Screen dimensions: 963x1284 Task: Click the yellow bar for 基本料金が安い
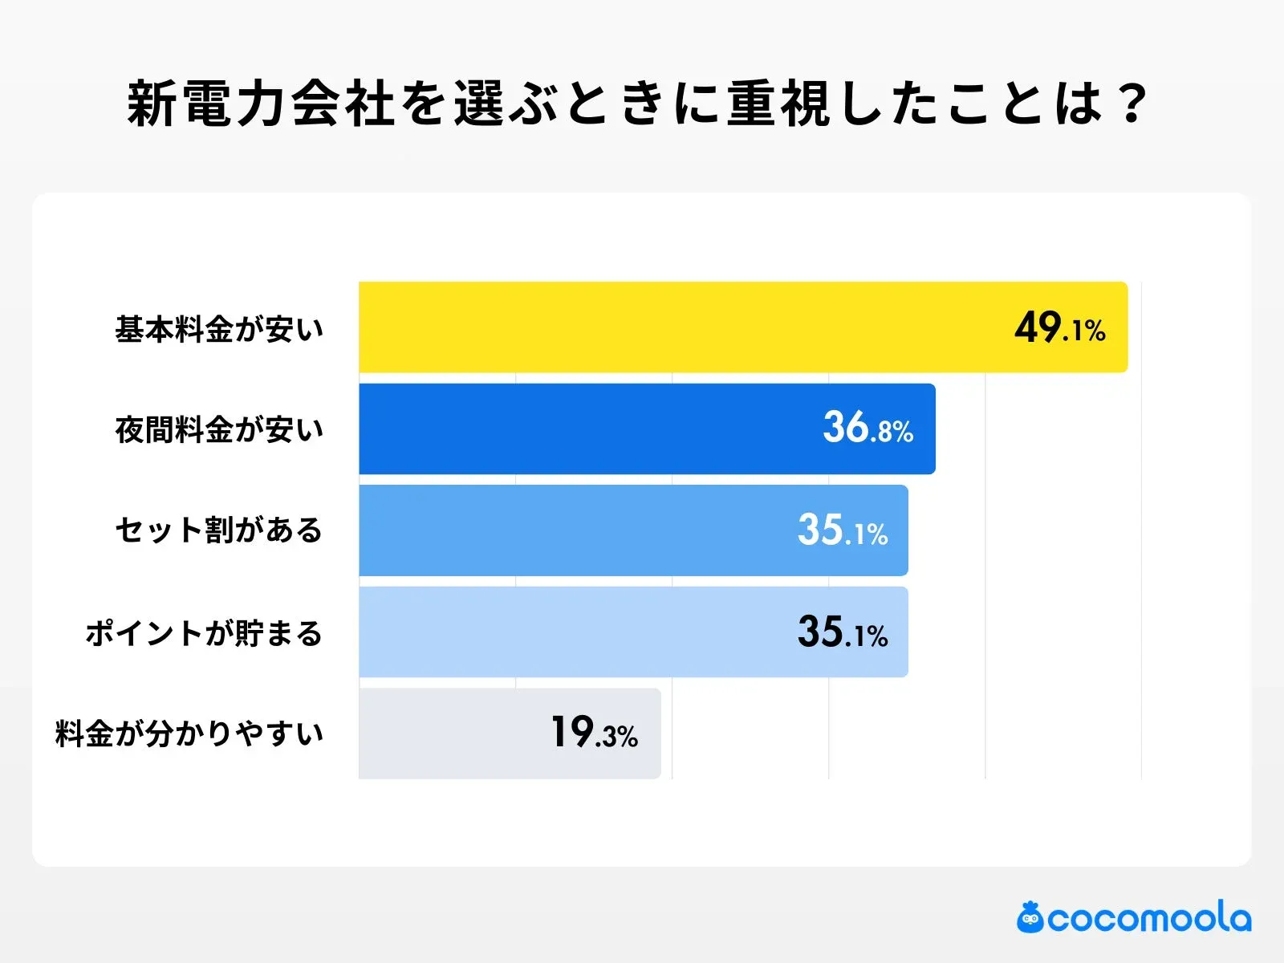click(x=682, y=327)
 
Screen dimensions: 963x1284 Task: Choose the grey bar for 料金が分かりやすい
click(x=449, y=733)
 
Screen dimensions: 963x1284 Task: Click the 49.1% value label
click(x=1059, y=328)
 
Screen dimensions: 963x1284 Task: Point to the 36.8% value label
click(x=868, y=429)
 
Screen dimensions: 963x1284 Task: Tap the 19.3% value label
click(x=594, y=733)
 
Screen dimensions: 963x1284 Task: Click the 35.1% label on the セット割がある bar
click(x=843, y=530)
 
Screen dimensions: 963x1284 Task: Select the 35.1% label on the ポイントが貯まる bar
click(x=843, y=632)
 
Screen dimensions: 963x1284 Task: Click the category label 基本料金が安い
click(x=219, y=329)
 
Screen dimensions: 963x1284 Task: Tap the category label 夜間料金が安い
click(x=219, y=430)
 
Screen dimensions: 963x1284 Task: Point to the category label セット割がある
click(x=219, y=530)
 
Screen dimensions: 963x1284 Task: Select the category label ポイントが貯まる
click(x=205, y=633)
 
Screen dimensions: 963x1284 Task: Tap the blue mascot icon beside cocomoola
click(x=1030, y=917)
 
